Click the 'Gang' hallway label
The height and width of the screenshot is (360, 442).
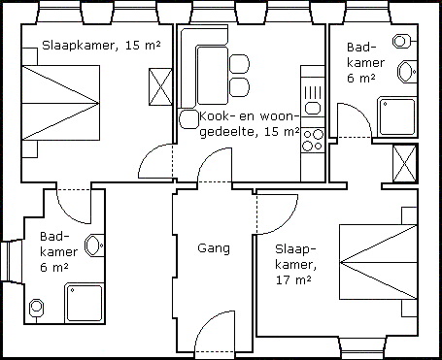pyautogui.click(x=214, y=248)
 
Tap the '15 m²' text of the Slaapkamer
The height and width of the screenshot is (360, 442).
pyautogui.click(x=143, y=46)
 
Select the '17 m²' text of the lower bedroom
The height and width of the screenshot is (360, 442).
pyautogui.click(x=293, y=279)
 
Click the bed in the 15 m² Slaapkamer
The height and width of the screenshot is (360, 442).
pyautogui.click(x=60, y=103)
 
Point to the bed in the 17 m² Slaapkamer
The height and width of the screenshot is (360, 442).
pyautogui.click(x=378, y=262)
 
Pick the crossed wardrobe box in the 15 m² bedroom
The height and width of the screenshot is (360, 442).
pyautogui.click(x=160, y=86)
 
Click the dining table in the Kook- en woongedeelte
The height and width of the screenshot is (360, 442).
pyautogui.click(x=212, y=75)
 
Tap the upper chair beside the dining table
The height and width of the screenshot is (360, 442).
pyautogui.click(x=239, y=64)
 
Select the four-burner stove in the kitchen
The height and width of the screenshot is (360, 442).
pyautogui.click(x=313, y=140)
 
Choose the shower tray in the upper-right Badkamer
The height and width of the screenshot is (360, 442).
pyautogui.click(x=397, y=116)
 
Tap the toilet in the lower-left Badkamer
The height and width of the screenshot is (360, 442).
pyautogui.click(x=36, y=309)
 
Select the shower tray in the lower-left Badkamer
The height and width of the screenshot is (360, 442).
pyautogui.click(x=85, y=303)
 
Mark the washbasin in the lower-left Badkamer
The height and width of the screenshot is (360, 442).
pyautogui.click(x=94, y=245)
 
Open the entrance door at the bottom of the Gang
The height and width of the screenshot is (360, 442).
pyautogui.click(x=215, y=332)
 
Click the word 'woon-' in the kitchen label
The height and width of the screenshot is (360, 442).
pyautogui.click(x=280, y=116)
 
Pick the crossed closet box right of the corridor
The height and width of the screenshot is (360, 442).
pyautogui.click(x=404, y=164)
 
